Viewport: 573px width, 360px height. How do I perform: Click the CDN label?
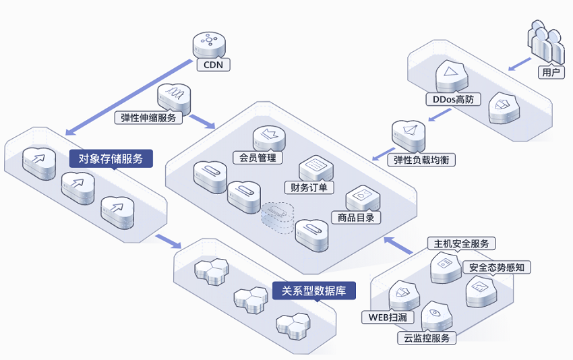pos(214,65)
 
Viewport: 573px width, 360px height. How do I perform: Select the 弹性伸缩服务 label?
pos(148,118)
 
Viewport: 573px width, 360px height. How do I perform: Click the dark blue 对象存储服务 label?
pos(111,158)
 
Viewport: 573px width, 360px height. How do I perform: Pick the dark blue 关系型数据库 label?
pos(314,291)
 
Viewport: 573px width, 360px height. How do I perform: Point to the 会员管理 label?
pos(258,158)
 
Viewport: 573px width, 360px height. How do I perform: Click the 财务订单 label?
pos(309,187)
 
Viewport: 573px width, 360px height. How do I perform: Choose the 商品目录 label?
pos(356,218)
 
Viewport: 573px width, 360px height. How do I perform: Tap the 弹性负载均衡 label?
pos(421,160)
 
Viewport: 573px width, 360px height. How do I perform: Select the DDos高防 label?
pos(453,99)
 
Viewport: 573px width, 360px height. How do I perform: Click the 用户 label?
pos(551,72)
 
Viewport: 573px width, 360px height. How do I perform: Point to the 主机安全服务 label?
pos(461,243)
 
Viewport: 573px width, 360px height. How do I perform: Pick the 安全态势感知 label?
pos(497,267)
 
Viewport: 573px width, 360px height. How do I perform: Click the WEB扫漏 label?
pos(388,317)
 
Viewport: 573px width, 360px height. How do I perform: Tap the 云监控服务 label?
pos(427,338)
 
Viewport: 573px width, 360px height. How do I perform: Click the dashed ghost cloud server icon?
pos(278,217)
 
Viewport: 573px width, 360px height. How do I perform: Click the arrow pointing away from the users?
pos(519,64)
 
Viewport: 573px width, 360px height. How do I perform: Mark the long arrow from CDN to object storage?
pos(129,97)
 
